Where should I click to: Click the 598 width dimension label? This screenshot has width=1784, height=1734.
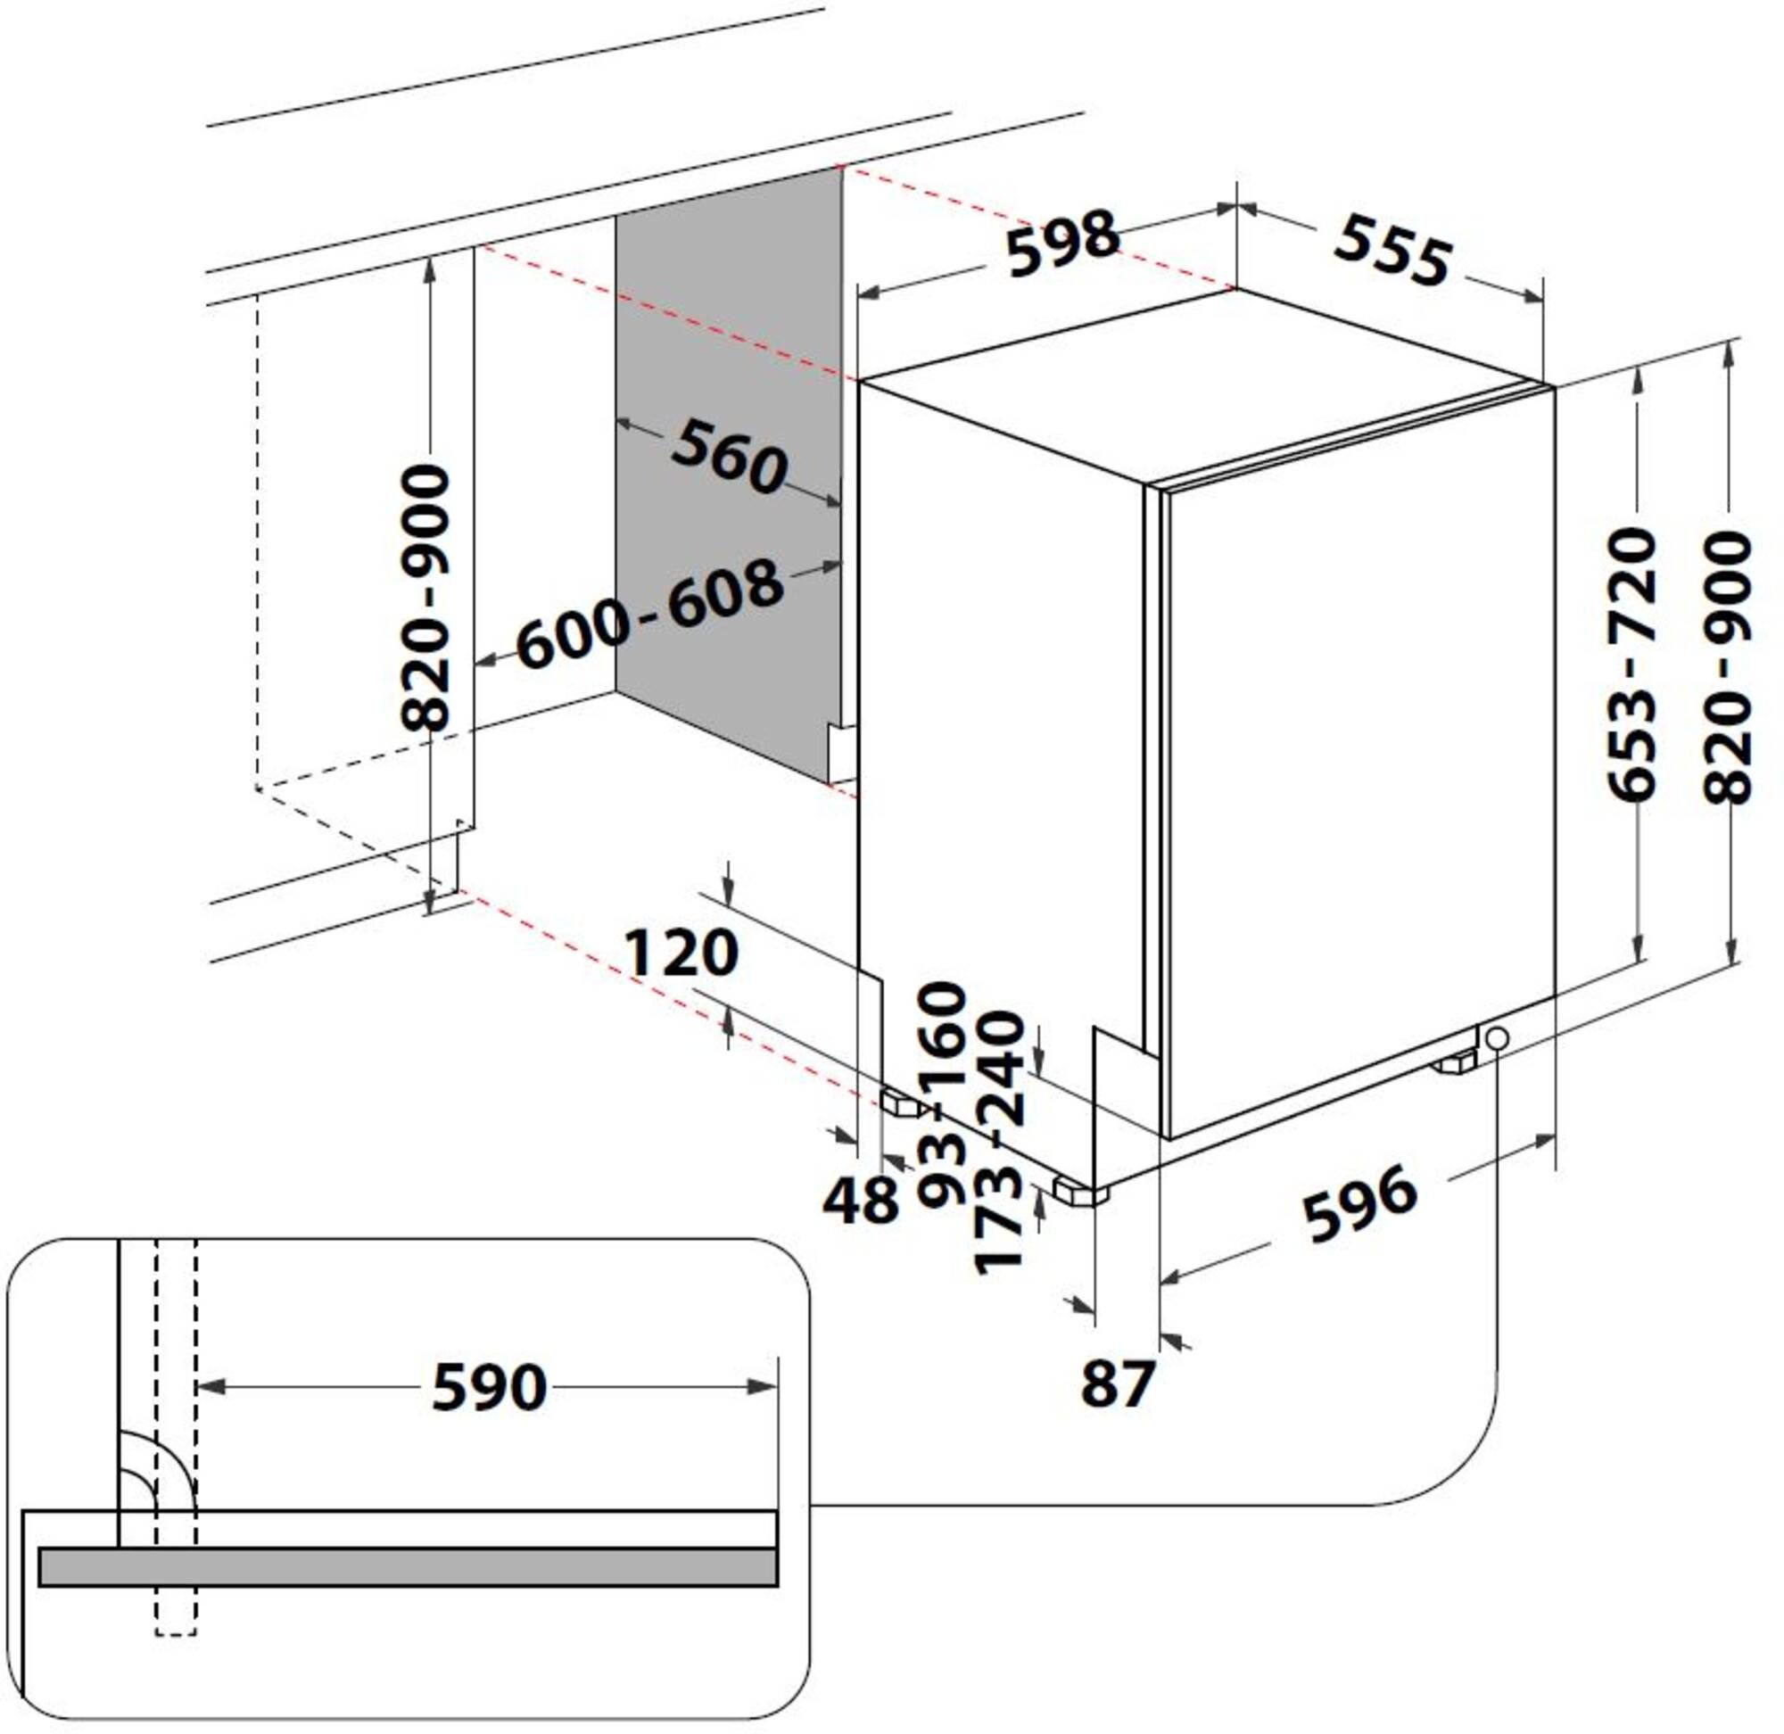coord(1062,243)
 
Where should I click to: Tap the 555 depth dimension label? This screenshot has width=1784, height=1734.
coord(1392,248)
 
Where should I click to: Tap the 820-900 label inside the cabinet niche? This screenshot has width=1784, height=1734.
coord(425,597)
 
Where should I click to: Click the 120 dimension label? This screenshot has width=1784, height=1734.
coord(681,953)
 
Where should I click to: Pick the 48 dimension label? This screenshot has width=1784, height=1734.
coord(860,1200)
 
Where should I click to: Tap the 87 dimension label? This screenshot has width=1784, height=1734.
coord(1118,1383)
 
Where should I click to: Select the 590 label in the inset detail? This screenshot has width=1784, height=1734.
coord(489,1386)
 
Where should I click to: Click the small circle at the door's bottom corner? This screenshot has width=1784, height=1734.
coord(1495,1038)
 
